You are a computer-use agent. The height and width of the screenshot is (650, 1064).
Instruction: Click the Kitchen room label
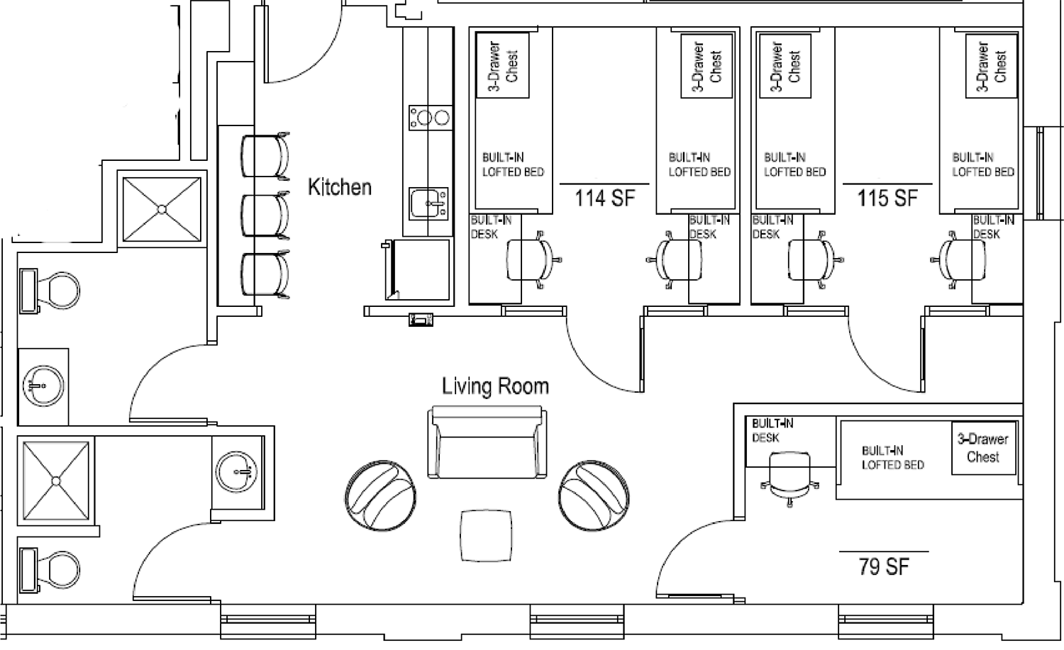click(x=340, y=187)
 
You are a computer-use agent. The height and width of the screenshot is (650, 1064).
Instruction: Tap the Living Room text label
click(x=495, y=386)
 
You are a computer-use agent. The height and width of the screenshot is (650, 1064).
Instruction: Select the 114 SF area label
click(x=604, y=198)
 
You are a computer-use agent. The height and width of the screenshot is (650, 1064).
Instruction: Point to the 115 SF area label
click(x=887, y=198)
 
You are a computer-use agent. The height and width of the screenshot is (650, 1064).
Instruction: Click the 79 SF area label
click(x=884, y=566)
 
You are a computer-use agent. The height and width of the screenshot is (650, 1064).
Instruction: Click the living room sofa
click(x=487, y=442)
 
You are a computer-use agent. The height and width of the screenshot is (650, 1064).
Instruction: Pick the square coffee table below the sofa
click(x=486, y=536)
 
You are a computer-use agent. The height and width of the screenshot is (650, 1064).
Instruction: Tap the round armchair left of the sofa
click(x=380, y=495)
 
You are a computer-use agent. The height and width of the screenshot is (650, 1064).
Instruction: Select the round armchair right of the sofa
click(x=594, y=495)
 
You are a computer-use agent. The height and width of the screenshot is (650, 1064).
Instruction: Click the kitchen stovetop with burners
click(x=430, y=118)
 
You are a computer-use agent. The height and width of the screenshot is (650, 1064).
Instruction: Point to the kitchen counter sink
click(x=428, y=203)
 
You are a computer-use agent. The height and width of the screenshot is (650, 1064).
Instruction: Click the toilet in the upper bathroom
click(x=50, y=291)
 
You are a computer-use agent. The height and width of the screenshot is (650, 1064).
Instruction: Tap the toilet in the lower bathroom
click(x=50, y=570)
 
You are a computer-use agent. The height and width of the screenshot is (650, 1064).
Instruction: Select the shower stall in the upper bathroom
click(x=162, y=209)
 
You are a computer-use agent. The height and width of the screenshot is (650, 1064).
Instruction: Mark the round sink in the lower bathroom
click(x=236, y=471)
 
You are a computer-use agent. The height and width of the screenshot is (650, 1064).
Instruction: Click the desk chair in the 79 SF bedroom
click(x=789, y=478)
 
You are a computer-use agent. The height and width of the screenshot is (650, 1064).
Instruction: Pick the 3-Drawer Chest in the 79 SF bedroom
click(x=983, y=448)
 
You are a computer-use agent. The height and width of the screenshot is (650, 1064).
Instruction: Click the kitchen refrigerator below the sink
click(x=416, y=269)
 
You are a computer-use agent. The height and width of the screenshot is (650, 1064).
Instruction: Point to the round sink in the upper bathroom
click(x=43, y=386)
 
